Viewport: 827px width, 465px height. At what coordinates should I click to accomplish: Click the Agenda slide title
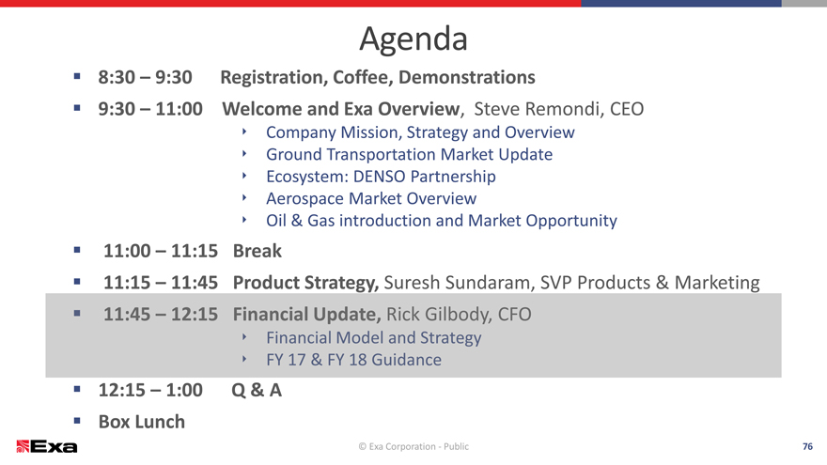click(413, 39)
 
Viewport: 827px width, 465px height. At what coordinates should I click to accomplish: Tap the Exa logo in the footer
click(47, 446)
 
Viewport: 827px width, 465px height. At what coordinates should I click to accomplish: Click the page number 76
click(807, 446)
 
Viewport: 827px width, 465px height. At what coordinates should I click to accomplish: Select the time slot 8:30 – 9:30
click(145, 77)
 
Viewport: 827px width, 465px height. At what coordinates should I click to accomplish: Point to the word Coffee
click(363, 77)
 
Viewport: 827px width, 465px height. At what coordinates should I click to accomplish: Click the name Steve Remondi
click(538, 109)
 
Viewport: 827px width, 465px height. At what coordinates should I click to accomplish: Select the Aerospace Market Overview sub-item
click(371, 199)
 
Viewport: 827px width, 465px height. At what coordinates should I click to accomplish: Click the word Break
click(257, 251)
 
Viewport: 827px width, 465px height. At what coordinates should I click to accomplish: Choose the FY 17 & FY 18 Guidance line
click(354, 360)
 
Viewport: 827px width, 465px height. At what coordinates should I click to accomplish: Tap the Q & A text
click(257, 391)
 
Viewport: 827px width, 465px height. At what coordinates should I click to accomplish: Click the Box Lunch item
click(142, 422)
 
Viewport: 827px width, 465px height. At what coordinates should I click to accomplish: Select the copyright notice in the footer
click(413, 446)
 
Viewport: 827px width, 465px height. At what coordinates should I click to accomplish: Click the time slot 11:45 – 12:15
click(161, 314)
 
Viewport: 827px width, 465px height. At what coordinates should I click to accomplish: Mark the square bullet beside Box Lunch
click(77, 421)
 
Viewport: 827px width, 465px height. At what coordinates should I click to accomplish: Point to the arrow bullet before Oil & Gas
click(244, 220)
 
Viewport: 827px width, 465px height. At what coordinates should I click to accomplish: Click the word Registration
click(274, 78)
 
